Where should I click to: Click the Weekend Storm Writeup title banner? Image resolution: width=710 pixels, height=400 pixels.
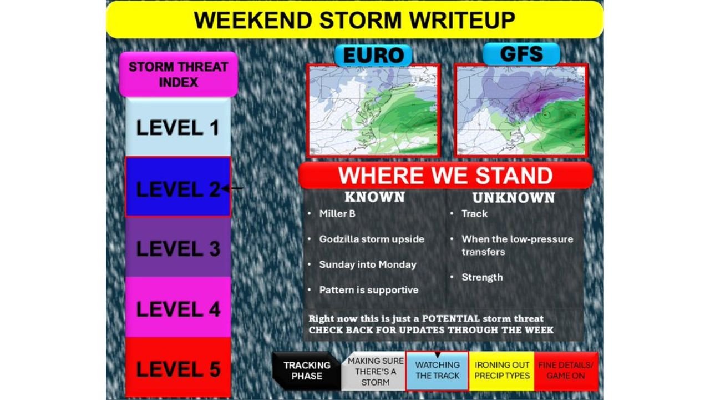point(354,20)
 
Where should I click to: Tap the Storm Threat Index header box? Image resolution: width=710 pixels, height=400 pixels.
point(178,74)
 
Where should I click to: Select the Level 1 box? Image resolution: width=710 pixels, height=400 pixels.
point(178,128)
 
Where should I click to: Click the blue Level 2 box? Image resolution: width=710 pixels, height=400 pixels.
point(177,187)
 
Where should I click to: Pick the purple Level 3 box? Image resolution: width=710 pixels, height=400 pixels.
point(178,247)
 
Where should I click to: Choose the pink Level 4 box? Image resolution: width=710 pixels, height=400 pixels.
point(178,308)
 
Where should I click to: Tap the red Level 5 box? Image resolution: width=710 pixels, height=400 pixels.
point(178,368)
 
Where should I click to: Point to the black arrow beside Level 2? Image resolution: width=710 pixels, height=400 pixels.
point(233,188)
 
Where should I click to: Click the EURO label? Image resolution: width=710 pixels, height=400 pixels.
point(373,55)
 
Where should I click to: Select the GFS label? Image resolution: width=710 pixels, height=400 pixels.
point(521,54)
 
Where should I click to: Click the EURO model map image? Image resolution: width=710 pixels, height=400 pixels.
point(373,110)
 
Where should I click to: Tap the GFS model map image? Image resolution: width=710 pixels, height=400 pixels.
point(521,110)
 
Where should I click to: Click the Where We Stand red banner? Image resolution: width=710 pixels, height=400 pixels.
point(445,176)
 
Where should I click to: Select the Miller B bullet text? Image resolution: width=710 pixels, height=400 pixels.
point(337,213)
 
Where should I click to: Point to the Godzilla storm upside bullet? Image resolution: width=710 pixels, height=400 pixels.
point(371,239)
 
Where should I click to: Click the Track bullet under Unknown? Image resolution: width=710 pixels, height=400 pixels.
point(474,213)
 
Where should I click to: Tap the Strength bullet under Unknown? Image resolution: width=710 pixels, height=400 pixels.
point(482,277)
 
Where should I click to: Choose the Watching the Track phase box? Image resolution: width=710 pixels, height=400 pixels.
point(437,371)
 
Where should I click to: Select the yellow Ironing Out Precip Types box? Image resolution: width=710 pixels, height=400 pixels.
point(502,371)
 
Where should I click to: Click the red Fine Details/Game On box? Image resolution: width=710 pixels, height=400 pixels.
point(566,371)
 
